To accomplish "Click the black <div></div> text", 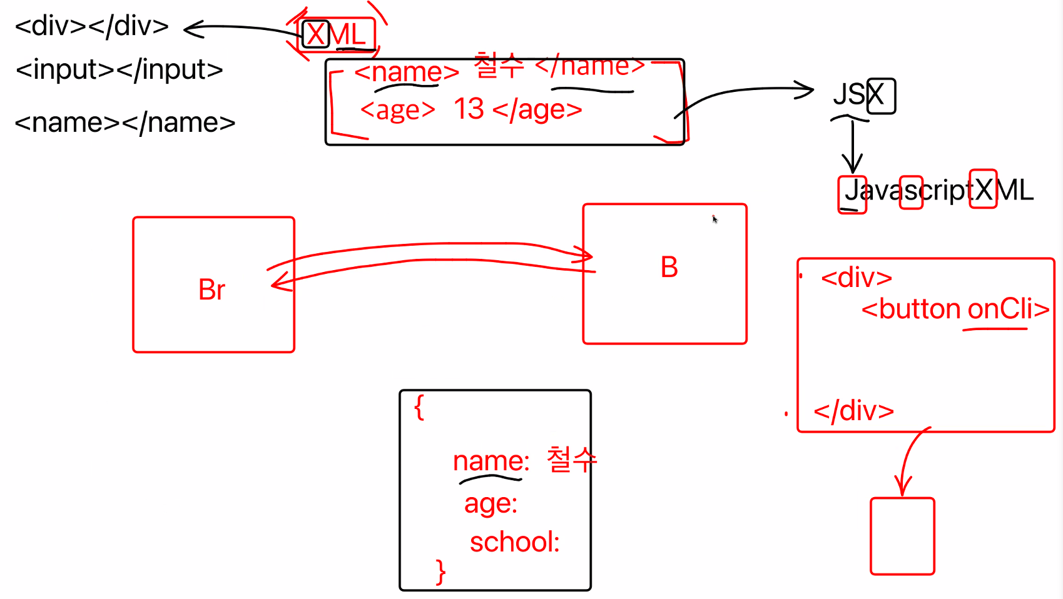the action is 92,26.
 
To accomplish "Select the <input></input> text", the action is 119,69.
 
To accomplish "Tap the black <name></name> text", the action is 125,123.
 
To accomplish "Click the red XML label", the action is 337,34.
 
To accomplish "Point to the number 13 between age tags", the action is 469,109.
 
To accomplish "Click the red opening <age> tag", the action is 397,110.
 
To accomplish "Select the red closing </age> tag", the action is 537,110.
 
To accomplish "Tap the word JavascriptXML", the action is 938,190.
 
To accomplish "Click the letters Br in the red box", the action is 211,289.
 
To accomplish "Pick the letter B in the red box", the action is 669,268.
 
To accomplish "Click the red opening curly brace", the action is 419,407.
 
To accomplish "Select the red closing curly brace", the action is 441,571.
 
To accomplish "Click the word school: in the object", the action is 514,542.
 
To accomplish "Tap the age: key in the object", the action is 491,504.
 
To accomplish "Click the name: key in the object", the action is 491,461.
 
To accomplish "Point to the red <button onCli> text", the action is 955,309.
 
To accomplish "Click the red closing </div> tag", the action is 853,411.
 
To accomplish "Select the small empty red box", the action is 902,536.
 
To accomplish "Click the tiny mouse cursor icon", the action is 714,219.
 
